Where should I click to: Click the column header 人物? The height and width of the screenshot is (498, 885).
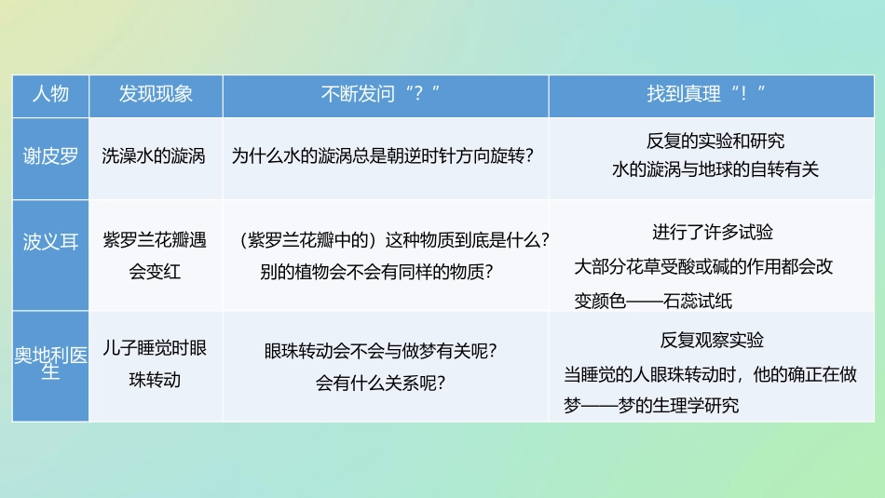[50, 94]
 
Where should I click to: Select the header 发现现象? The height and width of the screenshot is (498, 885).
[156, 94]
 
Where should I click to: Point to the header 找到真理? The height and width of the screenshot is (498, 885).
[706, 94]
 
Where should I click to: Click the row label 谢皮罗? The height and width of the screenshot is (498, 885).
[50, 156]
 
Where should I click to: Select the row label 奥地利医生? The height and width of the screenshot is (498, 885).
[50, 364]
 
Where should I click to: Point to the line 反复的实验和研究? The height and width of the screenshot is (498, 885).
[715, 141]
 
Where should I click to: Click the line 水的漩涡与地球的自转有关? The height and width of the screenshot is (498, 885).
[715, 170]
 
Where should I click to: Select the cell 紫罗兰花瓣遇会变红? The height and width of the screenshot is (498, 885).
[155, 256]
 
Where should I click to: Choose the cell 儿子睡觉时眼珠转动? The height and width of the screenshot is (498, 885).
[155, 364]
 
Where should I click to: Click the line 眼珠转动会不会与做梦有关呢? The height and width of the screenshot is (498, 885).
[380, 351]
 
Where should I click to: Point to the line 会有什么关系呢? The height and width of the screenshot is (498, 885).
[380, 382]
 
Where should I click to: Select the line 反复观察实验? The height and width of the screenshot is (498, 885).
[712, 340]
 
